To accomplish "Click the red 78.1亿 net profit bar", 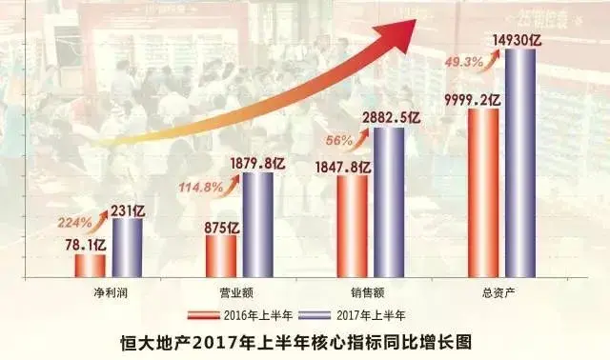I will point(91,265).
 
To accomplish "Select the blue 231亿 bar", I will point(127,248).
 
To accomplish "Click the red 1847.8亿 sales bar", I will point(352,225).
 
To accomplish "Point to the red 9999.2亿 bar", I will point(483,191).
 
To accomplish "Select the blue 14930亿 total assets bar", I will point(519,162).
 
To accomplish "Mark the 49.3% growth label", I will point(464,63).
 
